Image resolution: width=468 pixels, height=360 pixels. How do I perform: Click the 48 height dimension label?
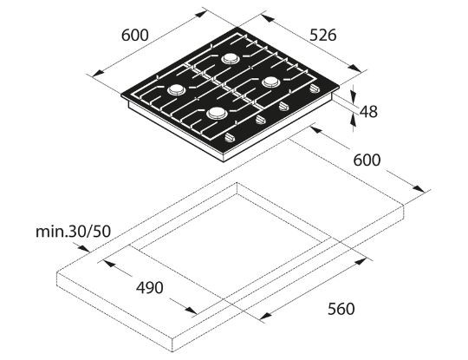[x=368, y=111]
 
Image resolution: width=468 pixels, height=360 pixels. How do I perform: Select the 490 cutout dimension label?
[x=148, y=287]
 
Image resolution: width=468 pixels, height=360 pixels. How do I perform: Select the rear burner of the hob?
[x=231, y=59]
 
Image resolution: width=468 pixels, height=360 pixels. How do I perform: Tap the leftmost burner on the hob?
[x=176, y=89]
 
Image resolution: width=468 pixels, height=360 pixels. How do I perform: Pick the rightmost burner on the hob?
[x=271, y=82]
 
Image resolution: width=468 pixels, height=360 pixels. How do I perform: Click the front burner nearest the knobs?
[x=217, y=113]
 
